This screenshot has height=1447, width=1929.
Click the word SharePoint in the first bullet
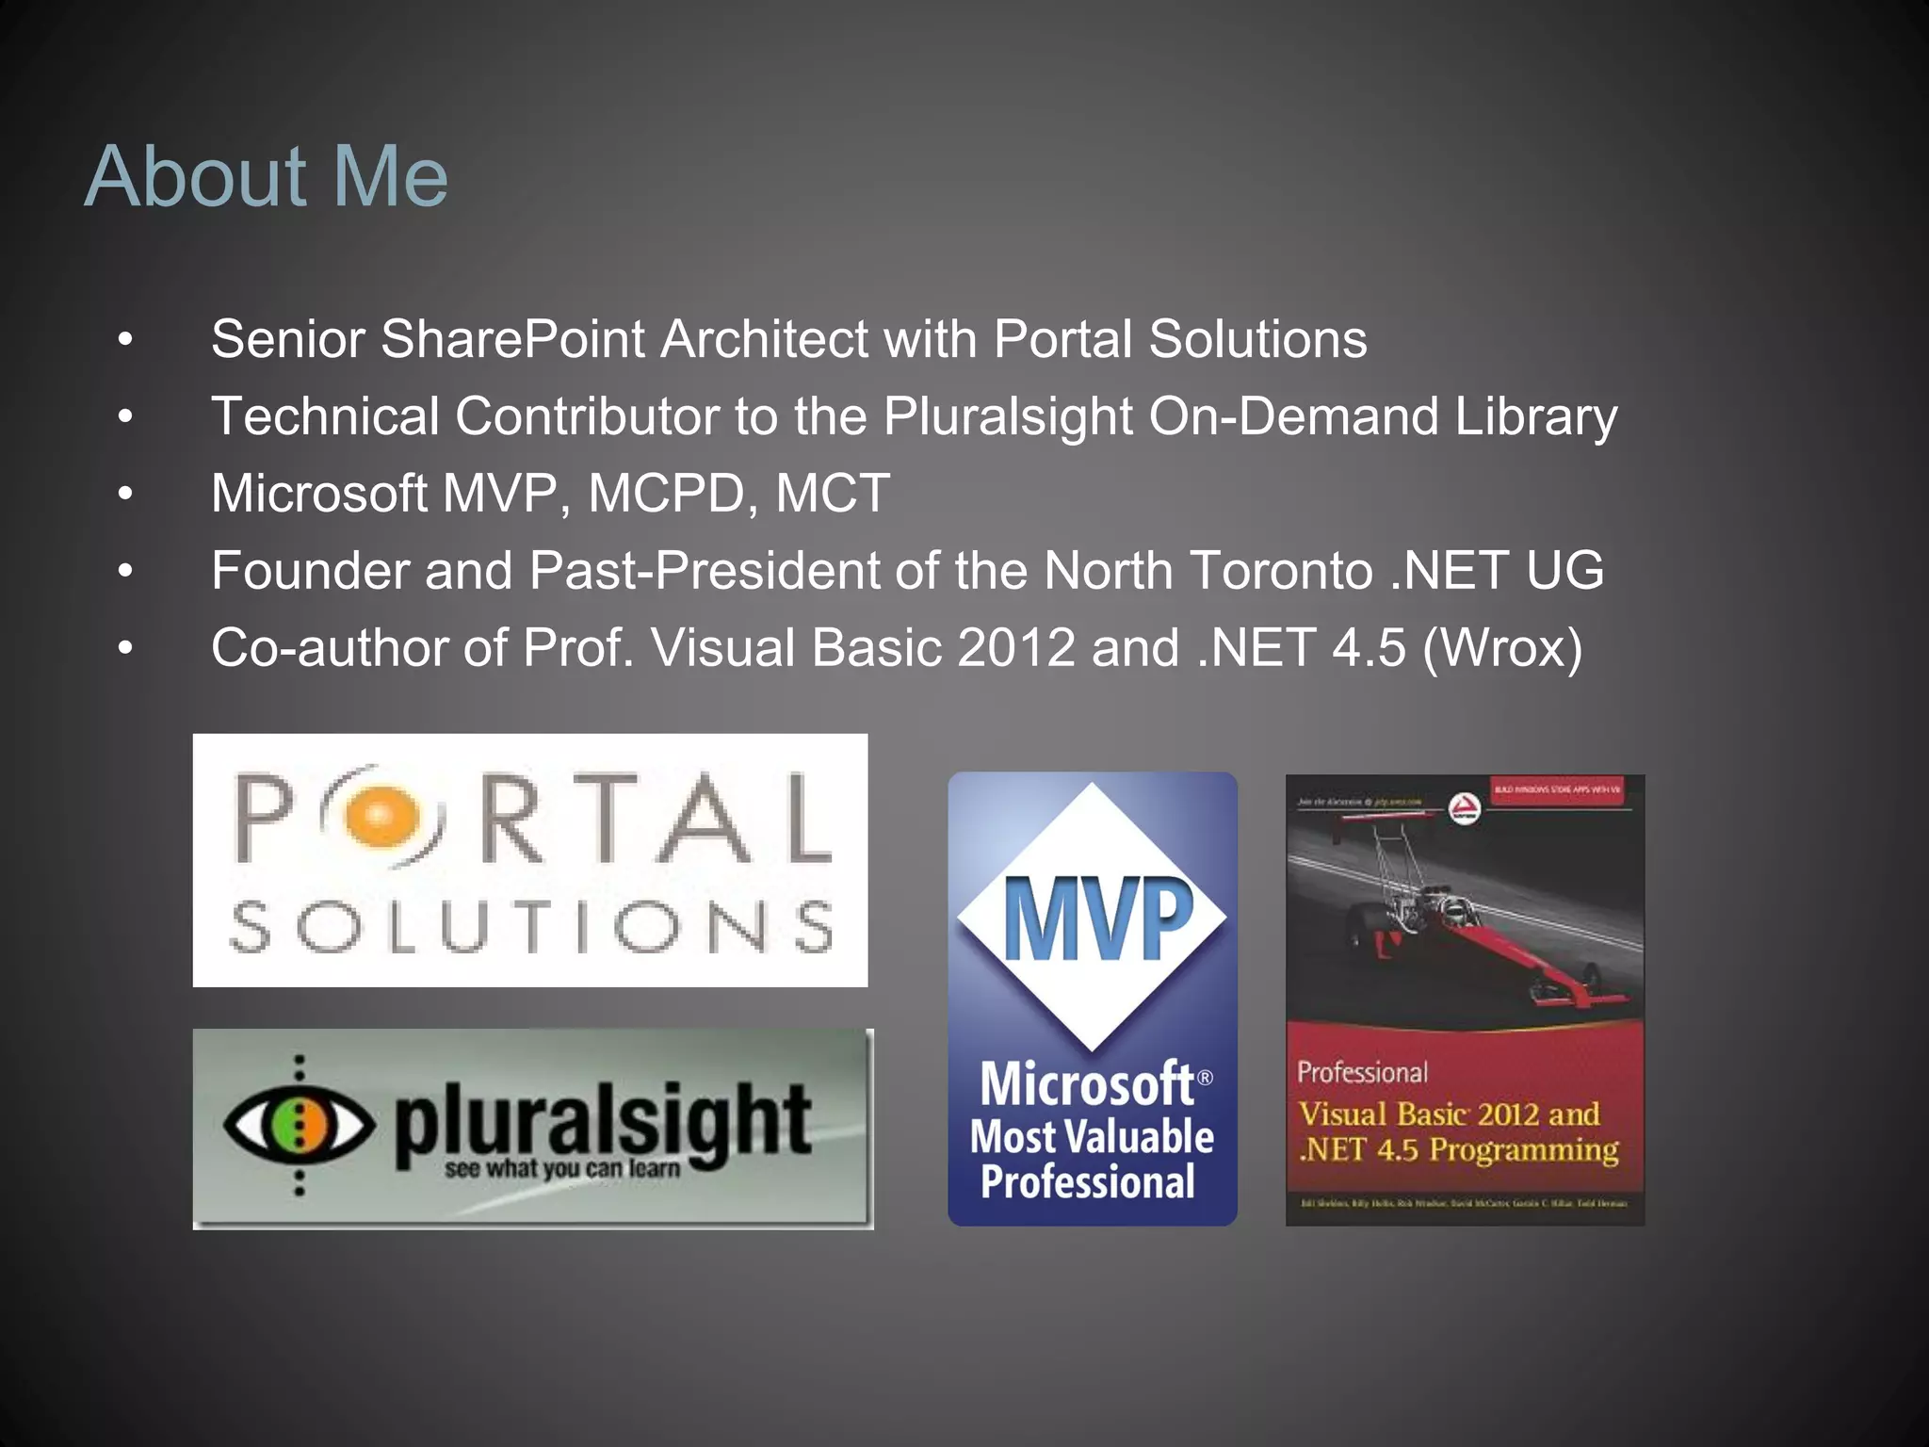point(511,339)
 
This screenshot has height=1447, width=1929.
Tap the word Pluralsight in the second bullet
point(1007,417)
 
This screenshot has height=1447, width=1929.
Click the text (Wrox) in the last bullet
point(1502,648)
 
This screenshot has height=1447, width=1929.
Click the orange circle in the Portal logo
point(379,815)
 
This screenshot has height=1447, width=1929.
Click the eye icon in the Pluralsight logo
point(299,1124)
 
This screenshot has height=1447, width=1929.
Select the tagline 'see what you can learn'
point(562,1169)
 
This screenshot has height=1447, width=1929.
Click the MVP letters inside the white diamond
point(1097,919)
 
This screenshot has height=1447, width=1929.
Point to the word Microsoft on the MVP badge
point(1087,1084)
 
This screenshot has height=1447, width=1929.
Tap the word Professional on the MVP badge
point(1088,1182)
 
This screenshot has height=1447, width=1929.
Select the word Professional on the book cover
point(1362,1072)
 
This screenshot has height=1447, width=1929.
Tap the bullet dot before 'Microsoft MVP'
point(125,494)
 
